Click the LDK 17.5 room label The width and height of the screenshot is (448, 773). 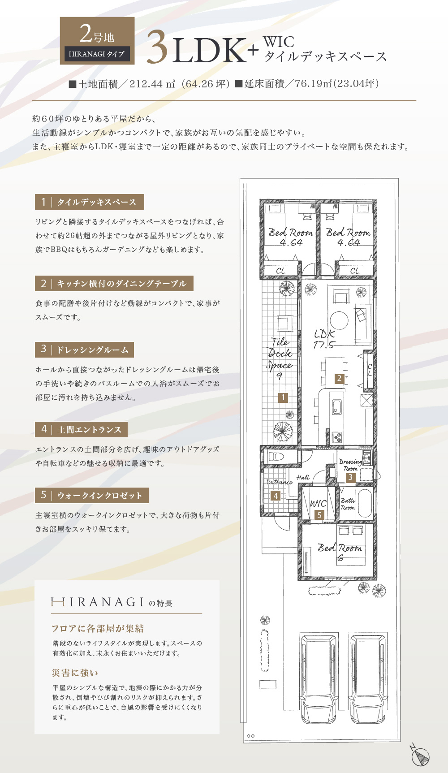tap(324, 339)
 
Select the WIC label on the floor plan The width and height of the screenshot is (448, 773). tap(318, 503)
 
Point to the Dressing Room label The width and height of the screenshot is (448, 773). tap(350, 465)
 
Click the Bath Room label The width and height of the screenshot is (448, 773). tap(348, 504)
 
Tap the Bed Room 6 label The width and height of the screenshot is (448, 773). tap(340, 552)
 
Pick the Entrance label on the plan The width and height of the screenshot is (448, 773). tap(279, 482)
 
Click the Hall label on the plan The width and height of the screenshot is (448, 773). tap(303, 477)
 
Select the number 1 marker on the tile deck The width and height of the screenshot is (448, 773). tap(283, 397)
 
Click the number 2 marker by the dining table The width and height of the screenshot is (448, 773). tap(339, 379)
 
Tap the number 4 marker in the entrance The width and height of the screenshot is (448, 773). tap(276, 496)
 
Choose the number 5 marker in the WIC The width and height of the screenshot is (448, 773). tap(319, 515)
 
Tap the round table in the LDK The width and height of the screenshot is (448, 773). tap(339, 320)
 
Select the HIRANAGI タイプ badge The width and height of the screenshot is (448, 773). tap(97, 54)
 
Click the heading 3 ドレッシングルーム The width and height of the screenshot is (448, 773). tap(84, 350)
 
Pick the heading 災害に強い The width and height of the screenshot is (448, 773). tap(75, 673)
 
